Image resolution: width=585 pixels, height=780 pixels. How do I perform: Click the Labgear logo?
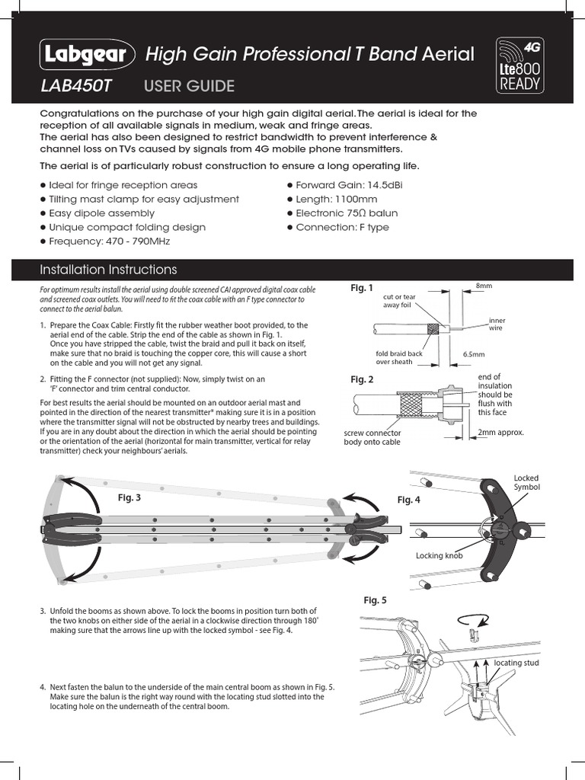[x=88, y=55]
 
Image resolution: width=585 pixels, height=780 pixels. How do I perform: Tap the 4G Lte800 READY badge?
[x=521, y=66]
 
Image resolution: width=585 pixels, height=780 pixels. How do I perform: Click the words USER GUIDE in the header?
[x=189, y=86]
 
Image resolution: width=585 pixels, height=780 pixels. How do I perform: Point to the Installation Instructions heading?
[x=108, y=270]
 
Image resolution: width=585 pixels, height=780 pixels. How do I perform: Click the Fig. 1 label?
[x=362, y=288]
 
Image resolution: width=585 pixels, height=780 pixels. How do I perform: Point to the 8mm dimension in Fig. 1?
[x=484, y=285]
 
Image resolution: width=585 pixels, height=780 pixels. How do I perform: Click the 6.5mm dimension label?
[x=474, y=354]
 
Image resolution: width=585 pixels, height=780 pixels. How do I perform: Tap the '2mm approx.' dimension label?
[x=500, y=433]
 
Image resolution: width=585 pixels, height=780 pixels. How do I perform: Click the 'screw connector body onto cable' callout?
[x=372, y=437]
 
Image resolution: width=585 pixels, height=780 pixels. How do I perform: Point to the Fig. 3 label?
[x=129, y=497]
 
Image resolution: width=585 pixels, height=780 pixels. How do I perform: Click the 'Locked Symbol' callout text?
[x=526, y=482]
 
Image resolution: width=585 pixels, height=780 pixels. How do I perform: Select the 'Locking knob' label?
[x=439, y=556]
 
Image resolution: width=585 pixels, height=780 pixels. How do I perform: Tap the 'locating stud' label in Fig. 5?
[x=516, y=663]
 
